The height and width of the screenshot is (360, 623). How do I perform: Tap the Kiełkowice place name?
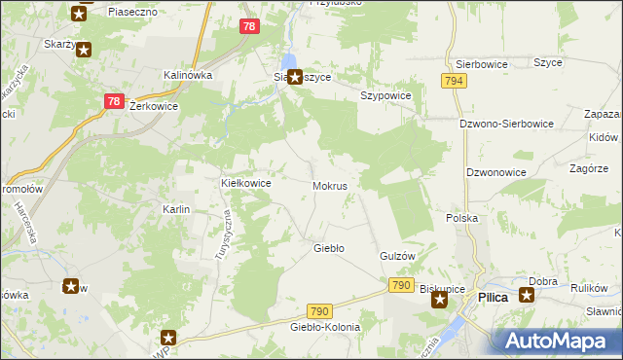[245, 183]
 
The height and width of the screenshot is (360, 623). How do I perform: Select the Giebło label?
[328, 248]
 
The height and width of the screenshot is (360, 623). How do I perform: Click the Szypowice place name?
[386, 96]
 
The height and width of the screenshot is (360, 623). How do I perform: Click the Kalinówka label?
[188, 75]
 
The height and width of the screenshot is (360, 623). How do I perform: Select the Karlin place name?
[175, 210]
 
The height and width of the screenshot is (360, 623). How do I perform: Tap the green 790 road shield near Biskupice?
[400, 285]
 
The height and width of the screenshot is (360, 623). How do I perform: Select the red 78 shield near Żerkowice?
[113, 101]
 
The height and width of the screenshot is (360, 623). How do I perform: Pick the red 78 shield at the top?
[248, 27]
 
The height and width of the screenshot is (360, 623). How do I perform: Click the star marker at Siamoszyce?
[293, 76]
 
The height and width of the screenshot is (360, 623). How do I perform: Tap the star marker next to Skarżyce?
[84, 50]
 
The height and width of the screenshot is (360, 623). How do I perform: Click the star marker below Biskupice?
[439, 301]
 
